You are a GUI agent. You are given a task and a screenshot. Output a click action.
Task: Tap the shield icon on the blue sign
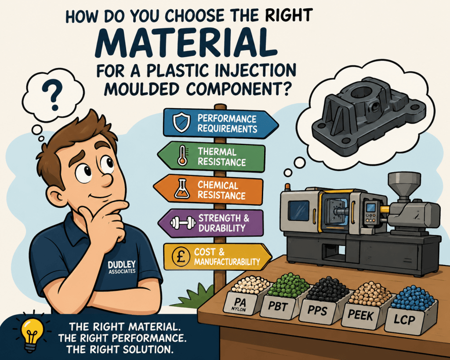(181, 122)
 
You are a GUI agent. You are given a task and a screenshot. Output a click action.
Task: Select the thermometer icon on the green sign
(182, 156)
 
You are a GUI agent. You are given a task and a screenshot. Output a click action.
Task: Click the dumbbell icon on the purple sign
(183, 223)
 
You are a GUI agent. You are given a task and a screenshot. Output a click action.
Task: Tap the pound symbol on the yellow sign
(181, 256)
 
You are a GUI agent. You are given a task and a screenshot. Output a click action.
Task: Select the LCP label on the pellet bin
(404, 319)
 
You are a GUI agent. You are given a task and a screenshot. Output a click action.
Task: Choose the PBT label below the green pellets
(278, 306)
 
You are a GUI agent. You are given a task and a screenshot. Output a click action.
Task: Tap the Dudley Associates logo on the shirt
(122, 267)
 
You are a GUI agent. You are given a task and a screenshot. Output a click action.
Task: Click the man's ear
(56, 196)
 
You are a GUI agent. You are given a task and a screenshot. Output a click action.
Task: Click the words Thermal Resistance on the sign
(221, 157)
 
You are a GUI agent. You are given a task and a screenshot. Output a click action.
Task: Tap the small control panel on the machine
(370, 212)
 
